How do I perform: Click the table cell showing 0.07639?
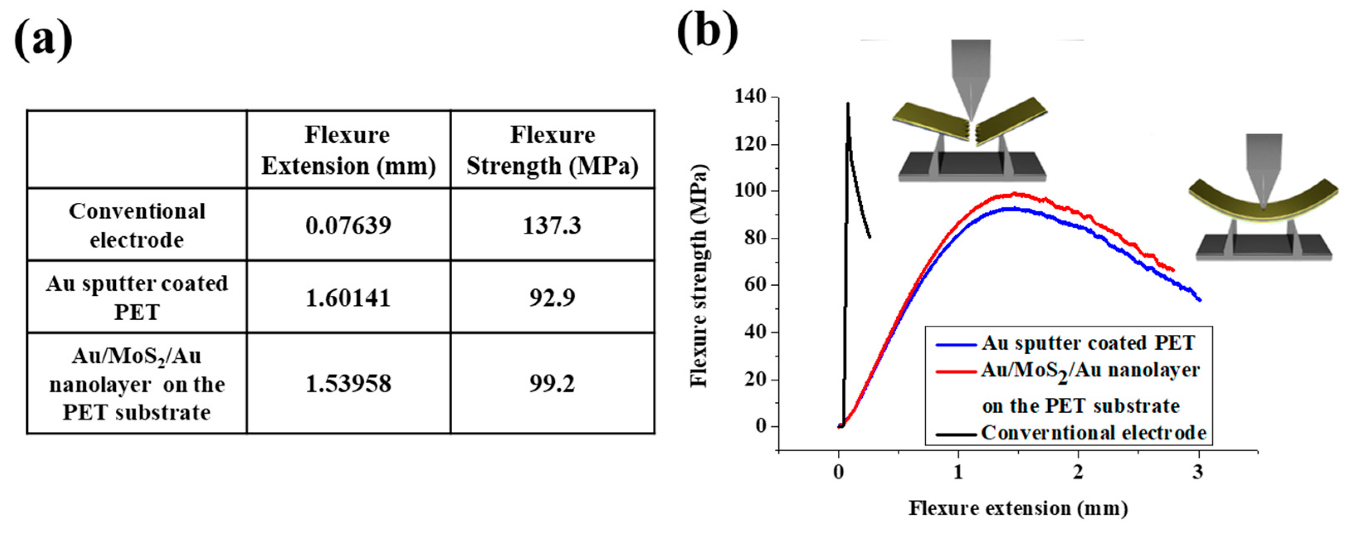point(348,225)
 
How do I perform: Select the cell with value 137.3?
point(552,225)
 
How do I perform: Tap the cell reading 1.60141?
point(348,298)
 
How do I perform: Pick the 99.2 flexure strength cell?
point(552,384)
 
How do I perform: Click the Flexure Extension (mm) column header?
point(348,150)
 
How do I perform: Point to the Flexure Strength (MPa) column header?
point(552,150)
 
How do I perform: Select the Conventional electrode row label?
point(137,225)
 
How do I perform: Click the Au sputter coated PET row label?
point(137,297)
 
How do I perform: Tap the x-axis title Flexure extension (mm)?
point(1018,509)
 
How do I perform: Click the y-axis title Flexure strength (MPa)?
point(700,276)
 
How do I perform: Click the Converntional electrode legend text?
point(1093,433)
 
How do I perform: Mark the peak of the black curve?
point(848,104)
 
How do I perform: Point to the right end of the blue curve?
point(1200,300)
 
